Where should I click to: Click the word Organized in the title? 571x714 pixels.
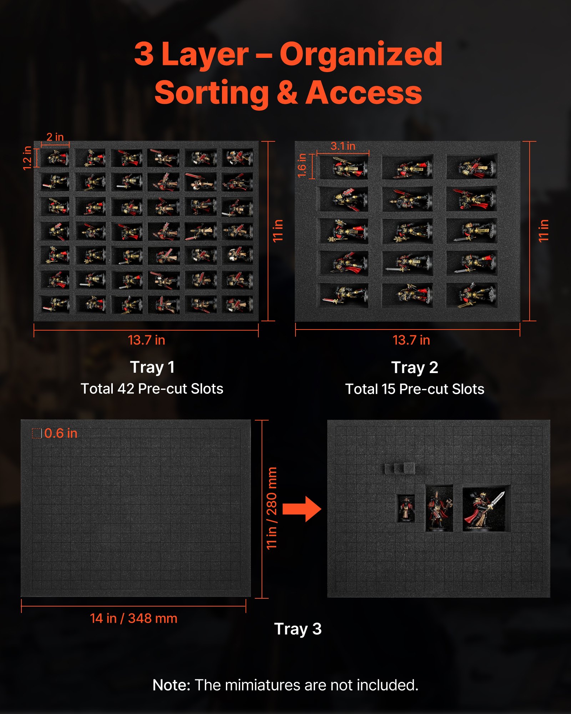(x=361, y=54)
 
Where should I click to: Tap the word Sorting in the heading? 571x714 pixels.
(x=211, y=94)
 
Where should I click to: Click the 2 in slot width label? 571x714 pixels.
(x=55, y=137)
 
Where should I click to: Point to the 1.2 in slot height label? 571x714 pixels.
(x=27, y=158)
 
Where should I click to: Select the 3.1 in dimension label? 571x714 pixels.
(x=343, y=146)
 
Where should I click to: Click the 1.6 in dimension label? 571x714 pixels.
(x=302, y=165)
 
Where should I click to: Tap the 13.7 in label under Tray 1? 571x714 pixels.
(x=146, y=340)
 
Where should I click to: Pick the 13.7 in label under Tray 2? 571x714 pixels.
(x=411, y=340)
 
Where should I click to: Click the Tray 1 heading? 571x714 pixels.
(x=152, y=367)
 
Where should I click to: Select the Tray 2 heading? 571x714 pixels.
(x=415, y=367)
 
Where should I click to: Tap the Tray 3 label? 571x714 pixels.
(x=298, y=629)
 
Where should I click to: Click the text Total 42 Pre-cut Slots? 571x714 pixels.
(x=152, y=389)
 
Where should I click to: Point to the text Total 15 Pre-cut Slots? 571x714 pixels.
(x=415, y=389)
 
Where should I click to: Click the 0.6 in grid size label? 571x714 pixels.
(x=61, y=433)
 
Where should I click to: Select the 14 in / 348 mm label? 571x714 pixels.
(x=133, y=618)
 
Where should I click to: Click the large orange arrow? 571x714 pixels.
(x=302, y=509)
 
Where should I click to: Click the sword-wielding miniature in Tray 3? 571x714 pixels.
(x=484, y=509)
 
